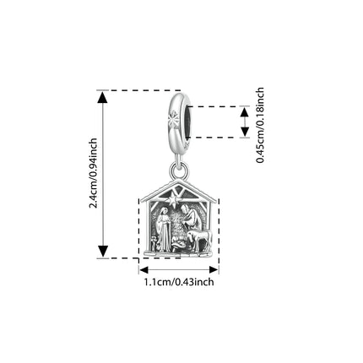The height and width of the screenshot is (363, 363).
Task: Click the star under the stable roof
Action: point(172,201)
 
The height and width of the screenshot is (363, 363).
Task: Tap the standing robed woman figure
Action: point(164,230)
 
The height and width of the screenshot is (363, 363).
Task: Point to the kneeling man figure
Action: point(189,218)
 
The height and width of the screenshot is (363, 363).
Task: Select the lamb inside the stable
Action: point(199,239)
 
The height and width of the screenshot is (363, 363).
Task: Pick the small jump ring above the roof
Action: point(179,170)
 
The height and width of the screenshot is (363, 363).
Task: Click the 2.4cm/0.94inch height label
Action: point(94,173)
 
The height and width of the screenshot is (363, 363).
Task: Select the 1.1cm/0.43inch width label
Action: point(179,282)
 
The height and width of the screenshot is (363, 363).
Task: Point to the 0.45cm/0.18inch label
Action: point(260,125)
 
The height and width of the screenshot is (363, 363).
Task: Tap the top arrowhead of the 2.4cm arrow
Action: point(103,97)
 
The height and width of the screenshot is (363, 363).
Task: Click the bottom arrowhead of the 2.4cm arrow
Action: point(103,252)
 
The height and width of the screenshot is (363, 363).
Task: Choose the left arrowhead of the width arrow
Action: point(144,270)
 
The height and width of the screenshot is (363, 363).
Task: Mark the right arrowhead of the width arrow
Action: point(214,270)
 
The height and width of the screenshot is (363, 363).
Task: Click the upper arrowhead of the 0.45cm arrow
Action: point(245,112)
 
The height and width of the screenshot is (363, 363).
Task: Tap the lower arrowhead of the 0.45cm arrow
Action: point(245,132)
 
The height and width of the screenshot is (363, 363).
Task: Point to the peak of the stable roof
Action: point(179,180)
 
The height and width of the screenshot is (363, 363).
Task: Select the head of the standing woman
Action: point(163,211)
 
